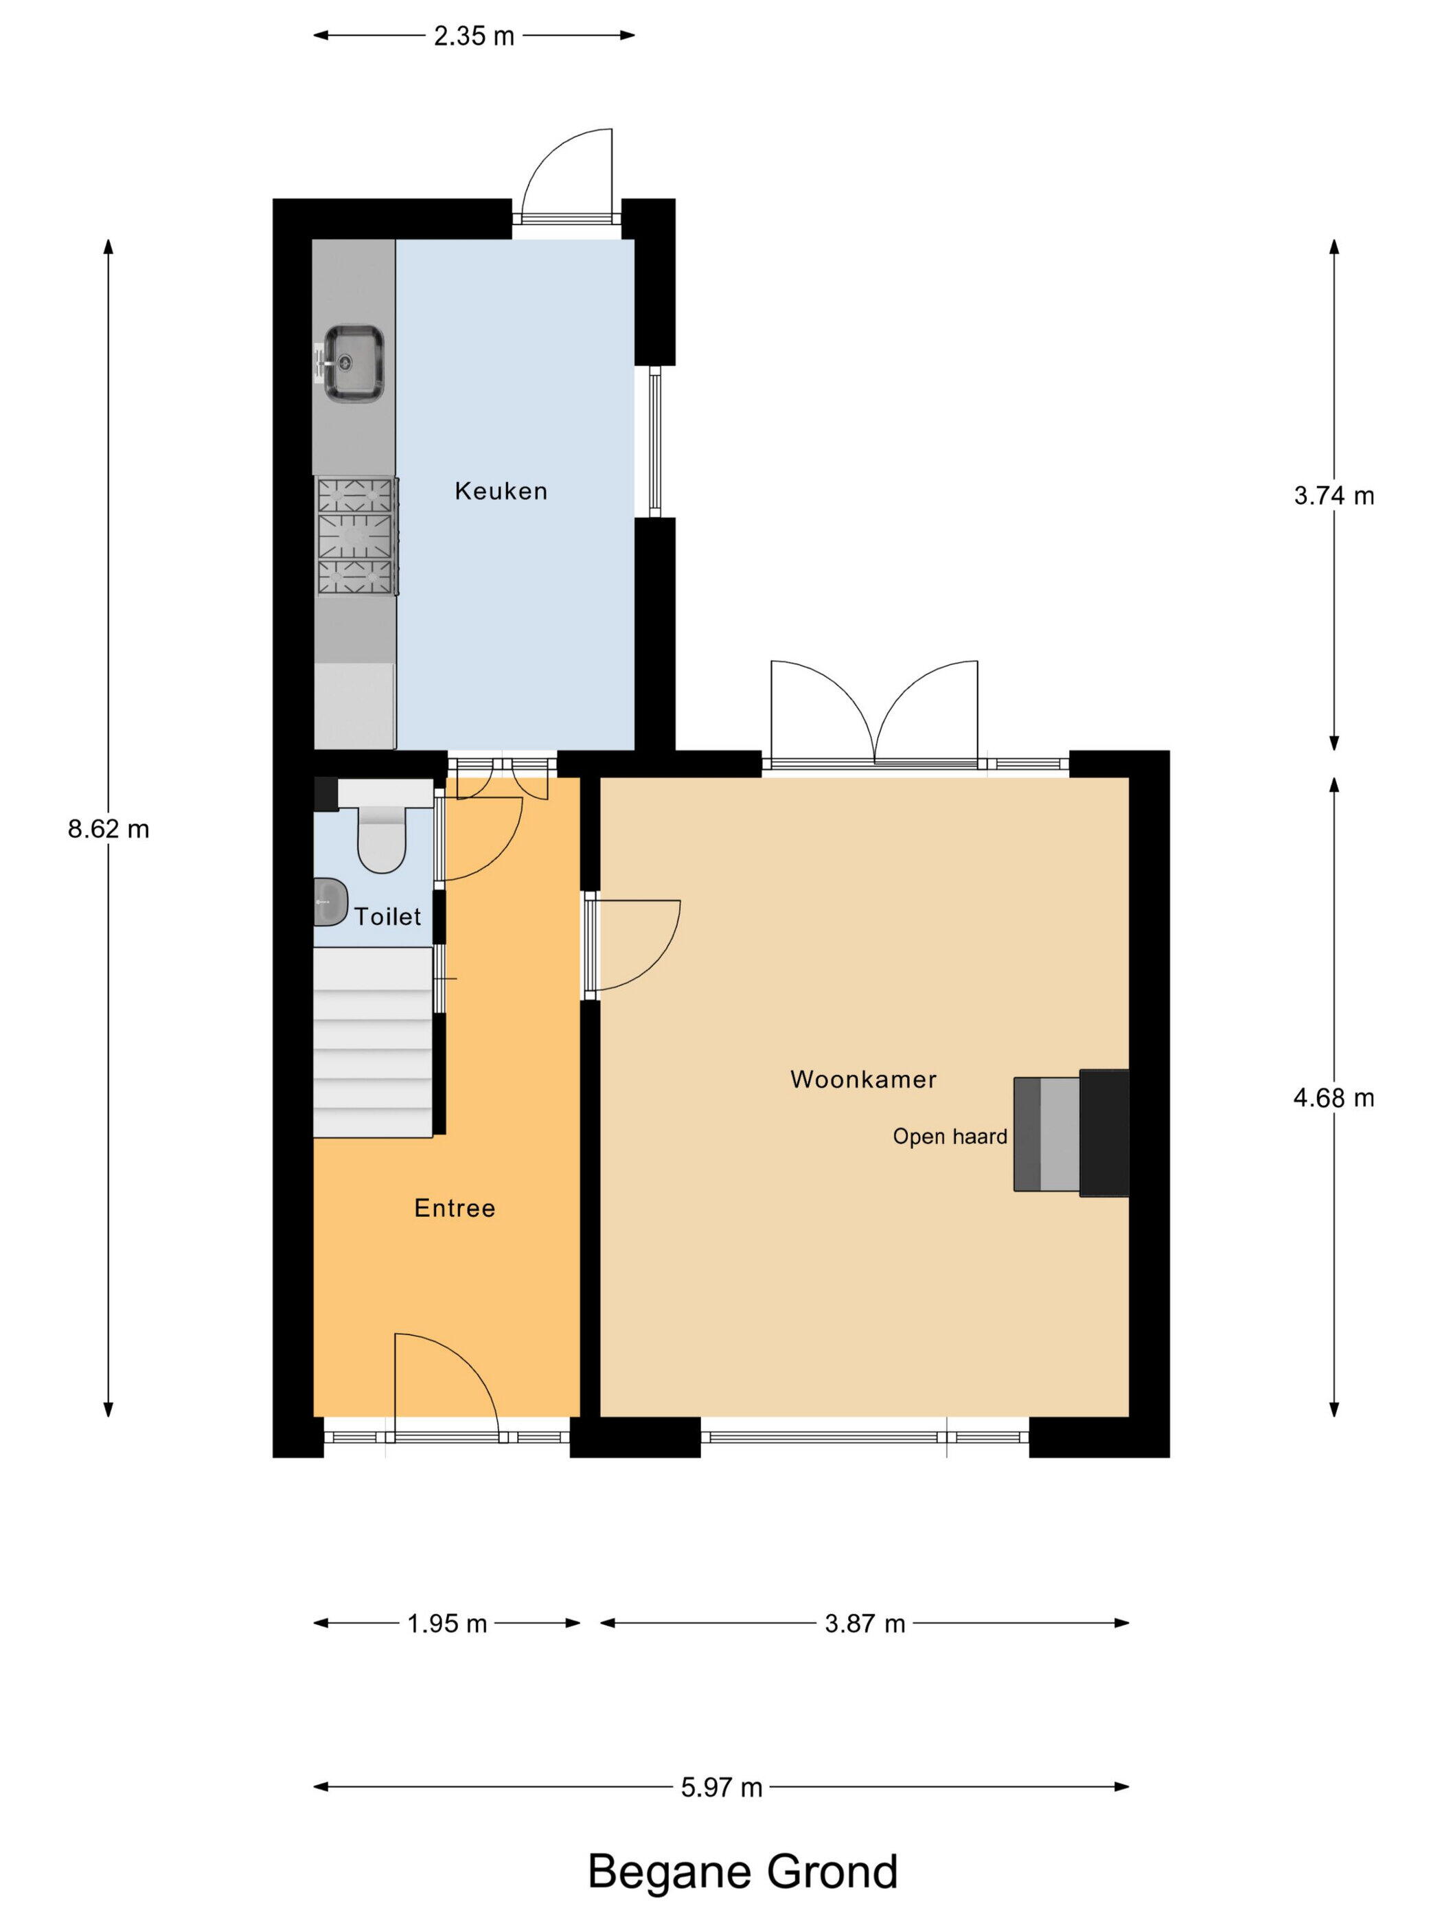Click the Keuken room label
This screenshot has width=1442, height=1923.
point(501,491)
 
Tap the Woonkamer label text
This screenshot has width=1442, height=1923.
point(863,1080)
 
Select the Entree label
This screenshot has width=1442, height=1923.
point(455,1208)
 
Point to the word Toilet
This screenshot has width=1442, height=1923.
point(388,916)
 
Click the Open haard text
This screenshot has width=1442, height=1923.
point(950,1136)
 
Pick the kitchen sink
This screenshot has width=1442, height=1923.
point(352,363)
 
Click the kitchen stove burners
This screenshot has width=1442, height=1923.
point(356,536)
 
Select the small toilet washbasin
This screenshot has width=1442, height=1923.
point(330,902)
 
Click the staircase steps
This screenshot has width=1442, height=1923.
point(373,1041)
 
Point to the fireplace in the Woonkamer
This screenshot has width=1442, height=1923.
point(1071,1133)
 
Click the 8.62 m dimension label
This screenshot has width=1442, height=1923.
point(108,830)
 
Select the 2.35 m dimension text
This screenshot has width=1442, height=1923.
point(474,36)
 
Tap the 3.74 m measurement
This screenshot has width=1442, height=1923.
point(1334,496)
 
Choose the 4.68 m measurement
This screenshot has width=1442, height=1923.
point(1334,1098)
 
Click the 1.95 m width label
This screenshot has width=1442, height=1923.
point(447,1623)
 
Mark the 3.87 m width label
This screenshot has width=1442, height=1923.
point(865,1623)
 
